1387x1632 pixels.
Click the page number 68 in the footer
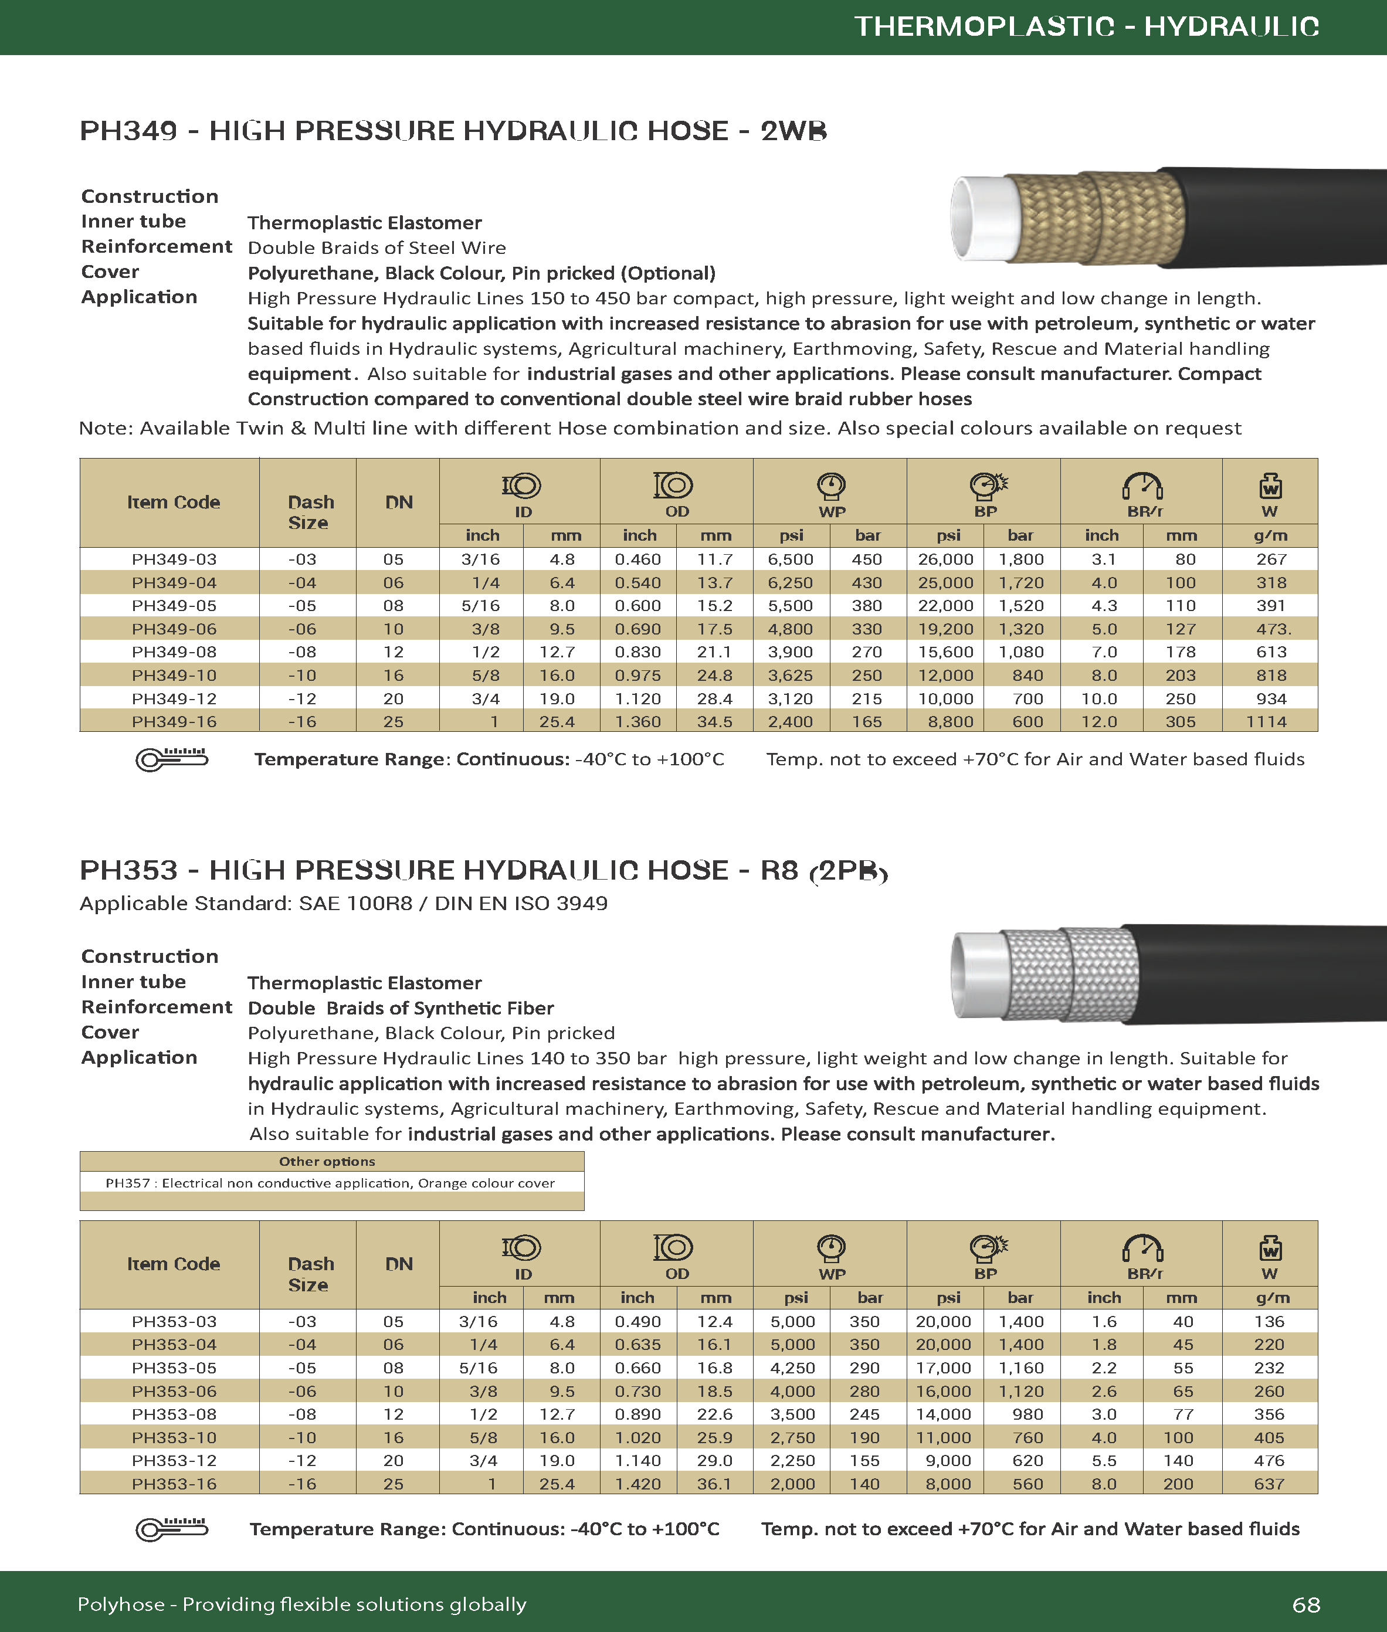tap(1306, 1604)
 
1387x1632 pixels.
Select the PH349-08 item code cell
tap(174, 652)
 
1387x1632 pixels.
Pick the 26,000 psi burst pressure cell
tap(945, 559)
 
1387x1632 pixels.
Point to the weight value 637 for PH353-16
tap(1269, 1484)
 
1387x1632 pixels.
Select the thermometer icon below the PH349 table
tap(171, 759)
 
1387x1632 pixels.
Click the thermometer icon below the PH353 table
tap(171, 1528)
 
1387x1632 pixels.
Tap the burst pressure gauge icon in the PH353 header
tap(988, 1247)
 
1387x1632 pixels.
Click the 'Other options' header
tap(327, 1161)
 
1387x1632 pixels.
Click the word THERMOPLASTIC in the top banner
tap(985, 27)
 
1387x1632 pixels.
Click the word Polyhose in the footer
tap(121, 1604)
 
